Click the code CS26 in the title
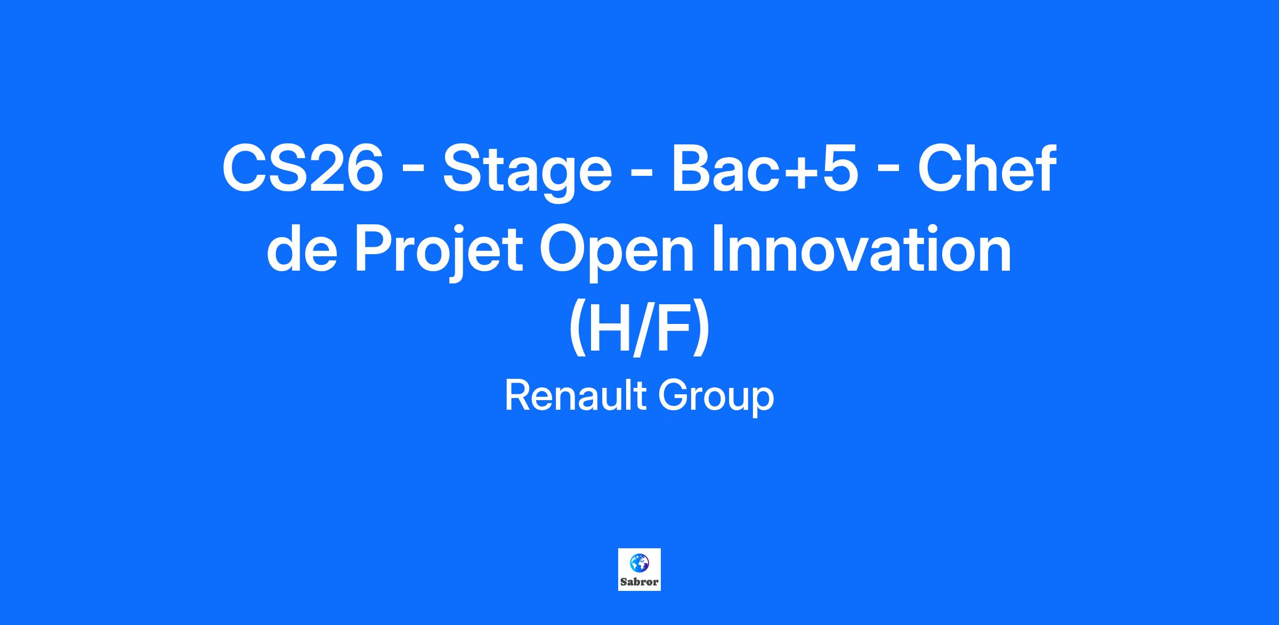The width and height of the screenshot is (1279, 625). (x=303, y=169)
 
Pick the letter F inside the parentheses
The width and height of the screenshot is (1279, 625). (x=674, y=328)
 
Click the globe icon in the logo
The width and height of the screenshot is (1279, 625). (x=639, y=563)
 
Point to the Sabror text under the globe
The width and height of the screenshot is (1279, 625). (x=639, y=582)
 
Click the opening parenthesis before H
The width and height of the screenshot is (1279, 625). (x=577, y=331)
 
